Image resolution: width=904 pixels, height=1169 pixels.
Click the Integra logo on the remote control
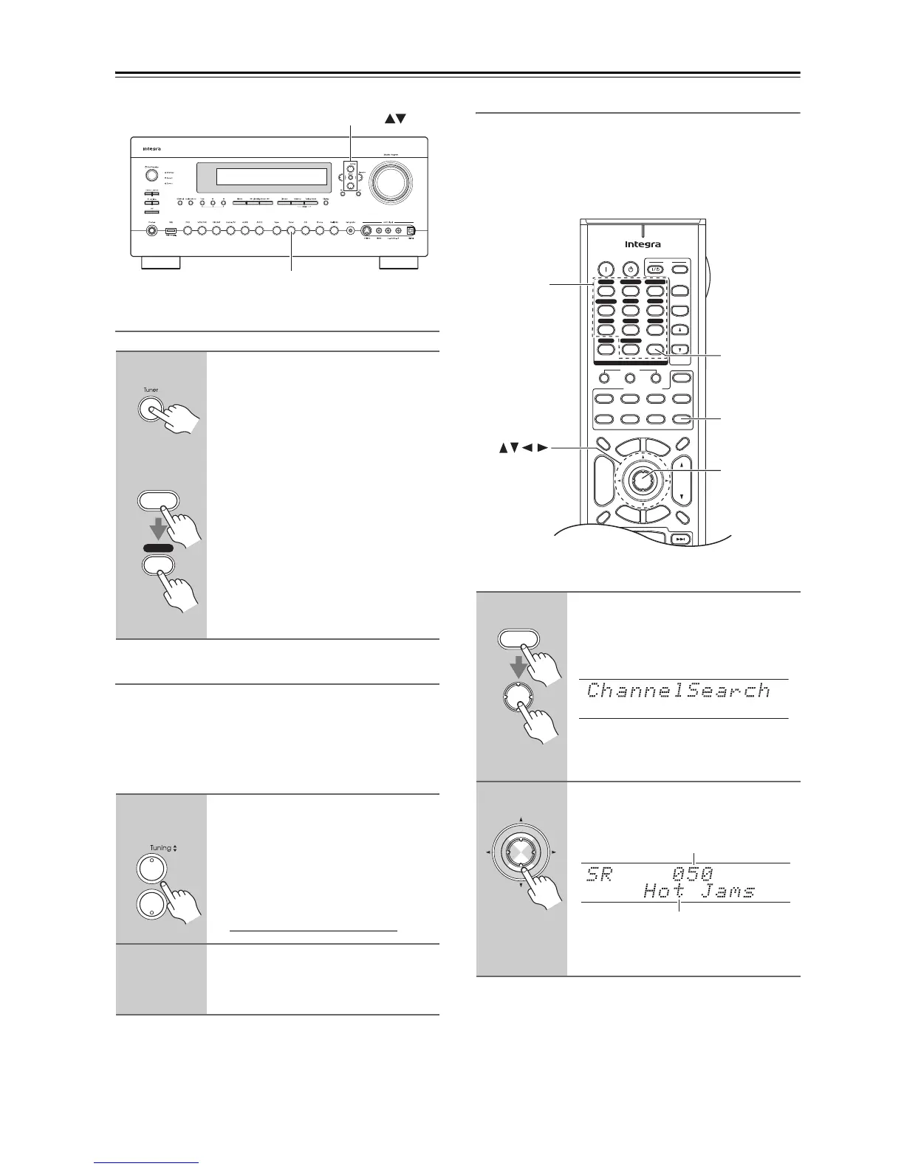pos(643,244)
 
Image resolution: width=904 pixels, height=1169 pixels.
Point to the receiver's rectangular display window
pos(261,177)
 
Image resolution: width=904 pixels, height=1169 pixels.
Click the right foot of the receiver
pos(400,263)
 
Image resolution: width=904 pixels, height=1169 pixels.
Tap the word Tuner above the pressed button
pos(150,390)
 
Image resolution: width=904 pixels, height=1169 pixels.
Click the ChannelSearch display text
pos(678,691)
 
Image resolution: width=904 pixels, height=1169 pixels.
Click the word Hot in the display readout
pos(664,891)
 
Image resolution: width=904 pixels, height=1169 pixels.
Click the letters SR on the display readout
pos(600,875)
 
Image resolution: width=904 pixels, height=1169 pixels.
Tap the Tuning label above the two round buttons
pos(161,848)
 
